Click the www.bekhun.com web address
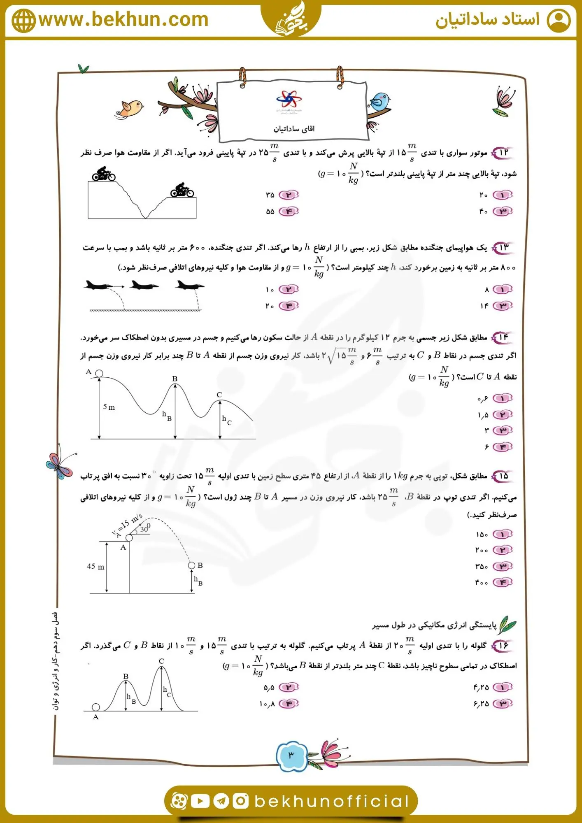pyautogui.click(x=123, y=19)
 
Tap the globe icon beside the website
pyautogui.click(x=24, y=21)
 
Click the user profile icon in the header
pyautogui.click(x=559, y=21)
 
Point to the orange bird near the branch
pyautogui.click(x=131, y=109)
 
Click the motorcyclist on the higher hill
pyautogui.click(x=104, y=174)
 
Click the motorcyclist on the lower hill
pyautogui.click(x=182, y=191)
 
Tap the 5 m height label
pyautogui.click(x=109, y=407)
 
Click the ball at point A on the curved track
pyautogui.click(x=99, y=373)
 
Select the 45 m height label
pyautogui.click(x=95, y=567)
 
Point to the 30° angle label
pyautogui.click(x=145, y=528)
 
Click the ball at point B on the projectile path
pyautogui.click(x=191, y=565)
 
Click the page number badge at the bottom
pyautogui.click(x=291, y=755)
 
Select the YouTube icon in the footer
pyautogui.click(x=200, y=801)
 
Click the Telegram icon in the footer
pyautogui.click(x=221, y=801)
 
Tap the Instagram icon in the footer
pyautogui.click(x=241, y=801)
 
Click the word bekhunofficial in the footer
pyautogui.click(x=332, y=801)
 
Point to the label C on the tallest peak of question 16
pyautogui.click(x=161, y=661)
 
